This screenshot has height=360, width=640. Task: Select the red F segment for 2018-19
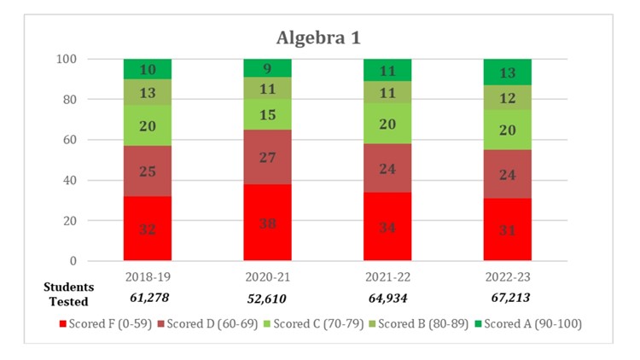(x=147, y=228)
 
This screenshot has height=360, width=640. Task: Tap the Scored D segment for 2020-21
(x=267, y=156)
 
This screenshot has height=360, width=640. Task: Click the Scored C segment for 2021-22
(x=387, y=124)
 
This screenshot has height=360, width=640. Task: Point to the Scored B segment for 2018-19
(x=147, y=92)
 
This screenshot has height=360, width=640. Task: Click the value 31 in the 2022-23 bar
(x=507, y=229)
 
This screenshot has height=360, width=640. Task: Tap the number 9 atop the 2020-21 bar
(x=267, y=68)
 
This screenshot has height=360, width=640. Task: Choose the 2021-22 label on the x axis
(x=387, y=277)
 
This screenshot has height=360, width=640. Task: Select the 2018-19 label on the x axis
(x=147, y=277)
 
